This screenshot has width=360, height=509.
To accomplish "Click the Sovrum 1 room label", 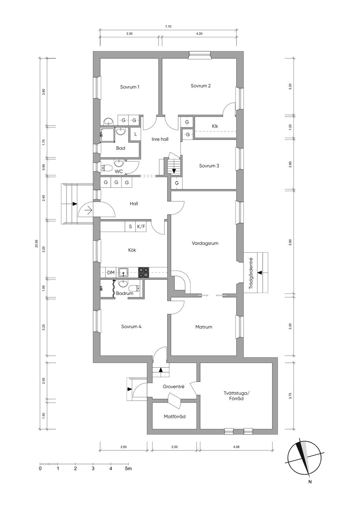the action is (130, 87).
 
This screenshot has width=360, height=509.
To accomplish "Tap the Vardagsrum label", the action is (205, 243).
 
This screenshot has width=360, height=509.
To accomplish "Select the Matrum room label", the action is (204, 327).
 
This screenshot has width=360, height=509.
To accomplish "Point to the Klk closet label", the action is (215, 126).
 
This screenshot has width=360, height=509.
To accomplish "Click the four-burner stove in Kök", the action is (144, 272).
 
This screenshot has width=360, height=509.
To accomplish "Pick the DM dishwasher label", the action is (111, 272).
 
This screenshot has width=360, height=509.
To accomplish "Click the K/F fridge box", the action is (141, 226).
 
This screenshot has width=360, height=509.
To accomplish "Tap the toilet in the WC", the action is (107, 168).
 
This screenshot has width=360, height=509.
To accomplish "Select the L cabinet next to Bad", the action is (135, 134).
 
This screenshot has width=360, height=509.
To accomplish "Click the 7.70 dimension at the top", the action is (168, 27).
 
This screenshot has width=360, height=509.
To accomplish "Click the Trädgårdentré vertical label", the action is (251, 273).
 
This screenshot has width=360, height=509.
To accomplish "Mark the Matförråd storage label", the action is (175, 417).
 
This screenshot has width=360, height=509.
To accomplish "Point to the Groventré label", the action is (173, 387).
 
